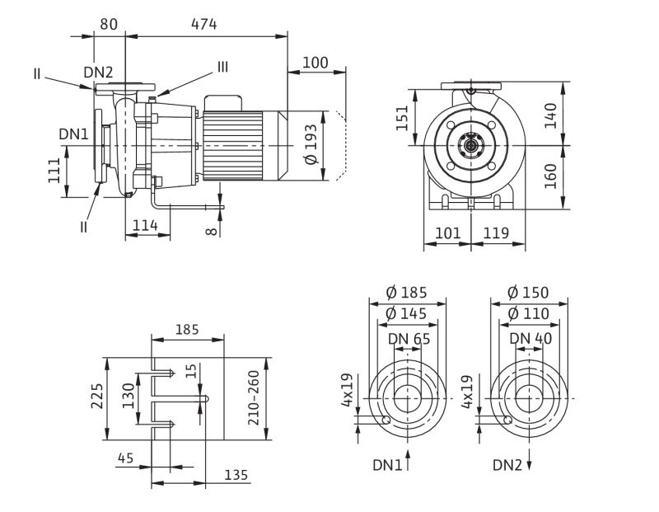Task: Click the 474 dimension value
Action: click(x=203, y=24)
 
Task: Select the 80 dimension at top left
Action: click(x=109, y=24)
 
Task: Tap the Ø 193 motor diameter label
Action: click(x=311, y=144)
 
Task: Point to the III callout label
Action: click(x=222, y=67)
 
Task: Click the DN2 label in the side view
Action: click(x=98, y=73)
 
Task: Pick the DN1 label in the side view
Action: click(x=73, y=134)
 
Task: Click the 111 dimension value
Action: click(x=54, y=171)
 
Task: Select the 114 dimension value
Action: click(x=146, y=225)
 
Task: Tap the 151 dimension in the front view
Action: click(x=402, y=118)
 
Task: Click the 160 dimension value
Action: click(x=550, y=176)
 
